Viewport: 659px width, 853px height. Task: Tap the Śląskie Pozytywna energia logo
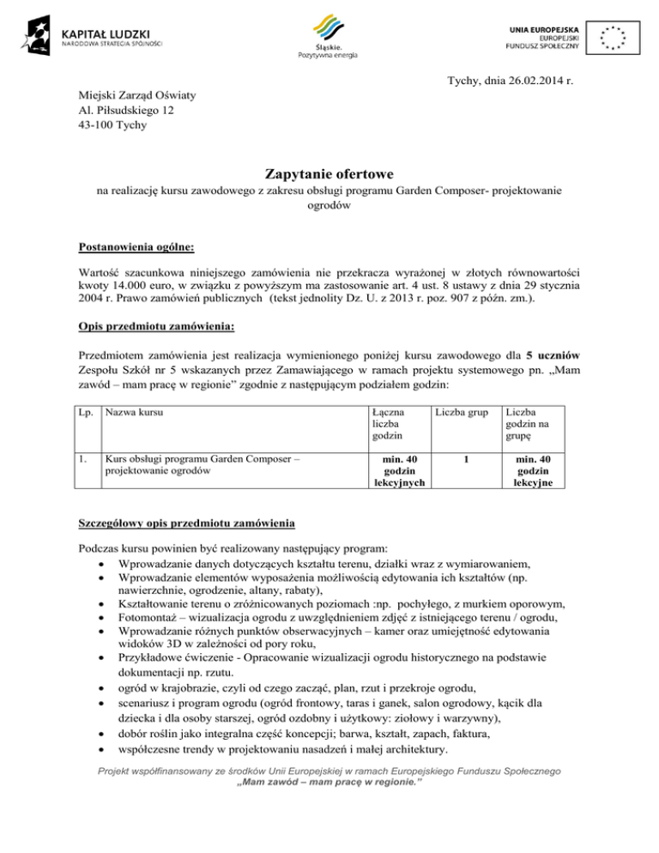[x=328, y=34]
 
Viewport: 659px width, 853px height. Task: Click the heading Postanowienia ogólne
[x=136, y=247]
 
